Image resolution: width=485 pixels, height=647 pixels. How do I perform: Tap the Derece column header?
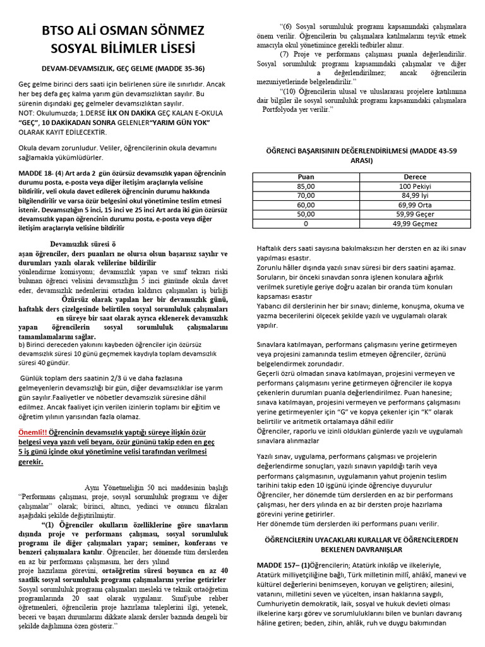point(414,177)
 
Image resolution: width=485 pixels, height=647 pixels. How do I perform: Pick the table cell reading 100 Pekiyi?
point(414,186)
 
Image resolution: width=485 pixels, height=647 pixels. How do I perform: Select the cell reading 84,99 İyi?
point(414,196)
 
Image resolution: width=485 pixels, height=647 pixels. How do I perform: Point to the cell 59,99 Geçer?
point(414,214)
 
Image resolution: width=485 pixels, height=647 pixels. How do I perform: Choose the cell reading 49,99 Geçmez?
point(414,224)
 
